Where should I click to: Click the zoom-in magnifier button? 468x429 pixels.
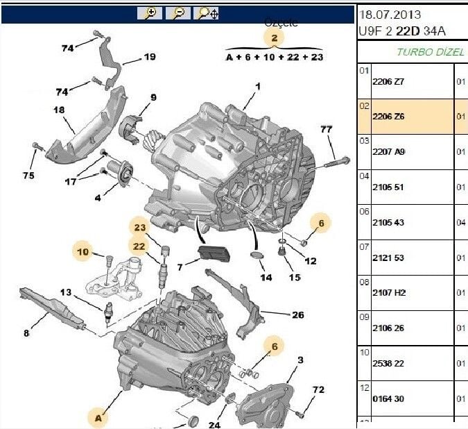(x=150, y=13)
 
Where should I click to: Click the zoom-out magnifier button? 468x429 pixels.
(x=178, y=13)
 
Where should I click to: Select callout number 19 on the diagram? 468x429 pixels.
(x=149, y=57)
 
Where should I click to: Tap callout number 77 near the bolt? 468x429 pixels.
(x=327, y=129)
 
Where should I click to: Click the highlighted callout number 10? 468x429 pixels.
(x=83, y=252)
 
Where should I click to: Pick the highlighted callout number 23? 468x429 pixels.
(x=140, y=227)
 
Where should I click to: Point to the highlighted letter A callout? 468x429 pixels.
(x=98, y=418)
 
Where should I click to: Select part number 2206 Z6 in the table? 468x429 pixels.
(x=388, y=116)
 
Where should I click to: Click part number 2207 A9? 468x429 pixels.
(x=388, y=151)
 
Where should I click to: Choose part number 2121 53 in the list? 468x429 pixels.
(x=388, y=258)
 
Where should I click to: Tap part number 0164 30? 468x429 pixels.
(x=388, y=398)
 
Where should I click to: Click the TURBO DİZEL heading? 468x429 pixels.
(x=424, y=51)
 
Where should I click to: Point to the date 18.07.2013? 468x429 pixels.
(x=390, y=14)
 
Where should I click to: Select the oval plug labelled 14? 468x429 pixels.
(x=258, y=258)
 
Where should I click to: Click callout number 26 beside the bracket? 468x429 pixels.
(x=297, y=315)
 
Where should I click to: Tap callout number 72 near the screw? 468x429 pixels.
(x=318, y=390)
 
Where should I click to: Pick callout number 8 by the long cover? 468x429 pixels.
(x=26, y=334)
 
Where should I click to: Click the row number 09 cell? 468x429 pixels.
(x=364, y=317)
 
